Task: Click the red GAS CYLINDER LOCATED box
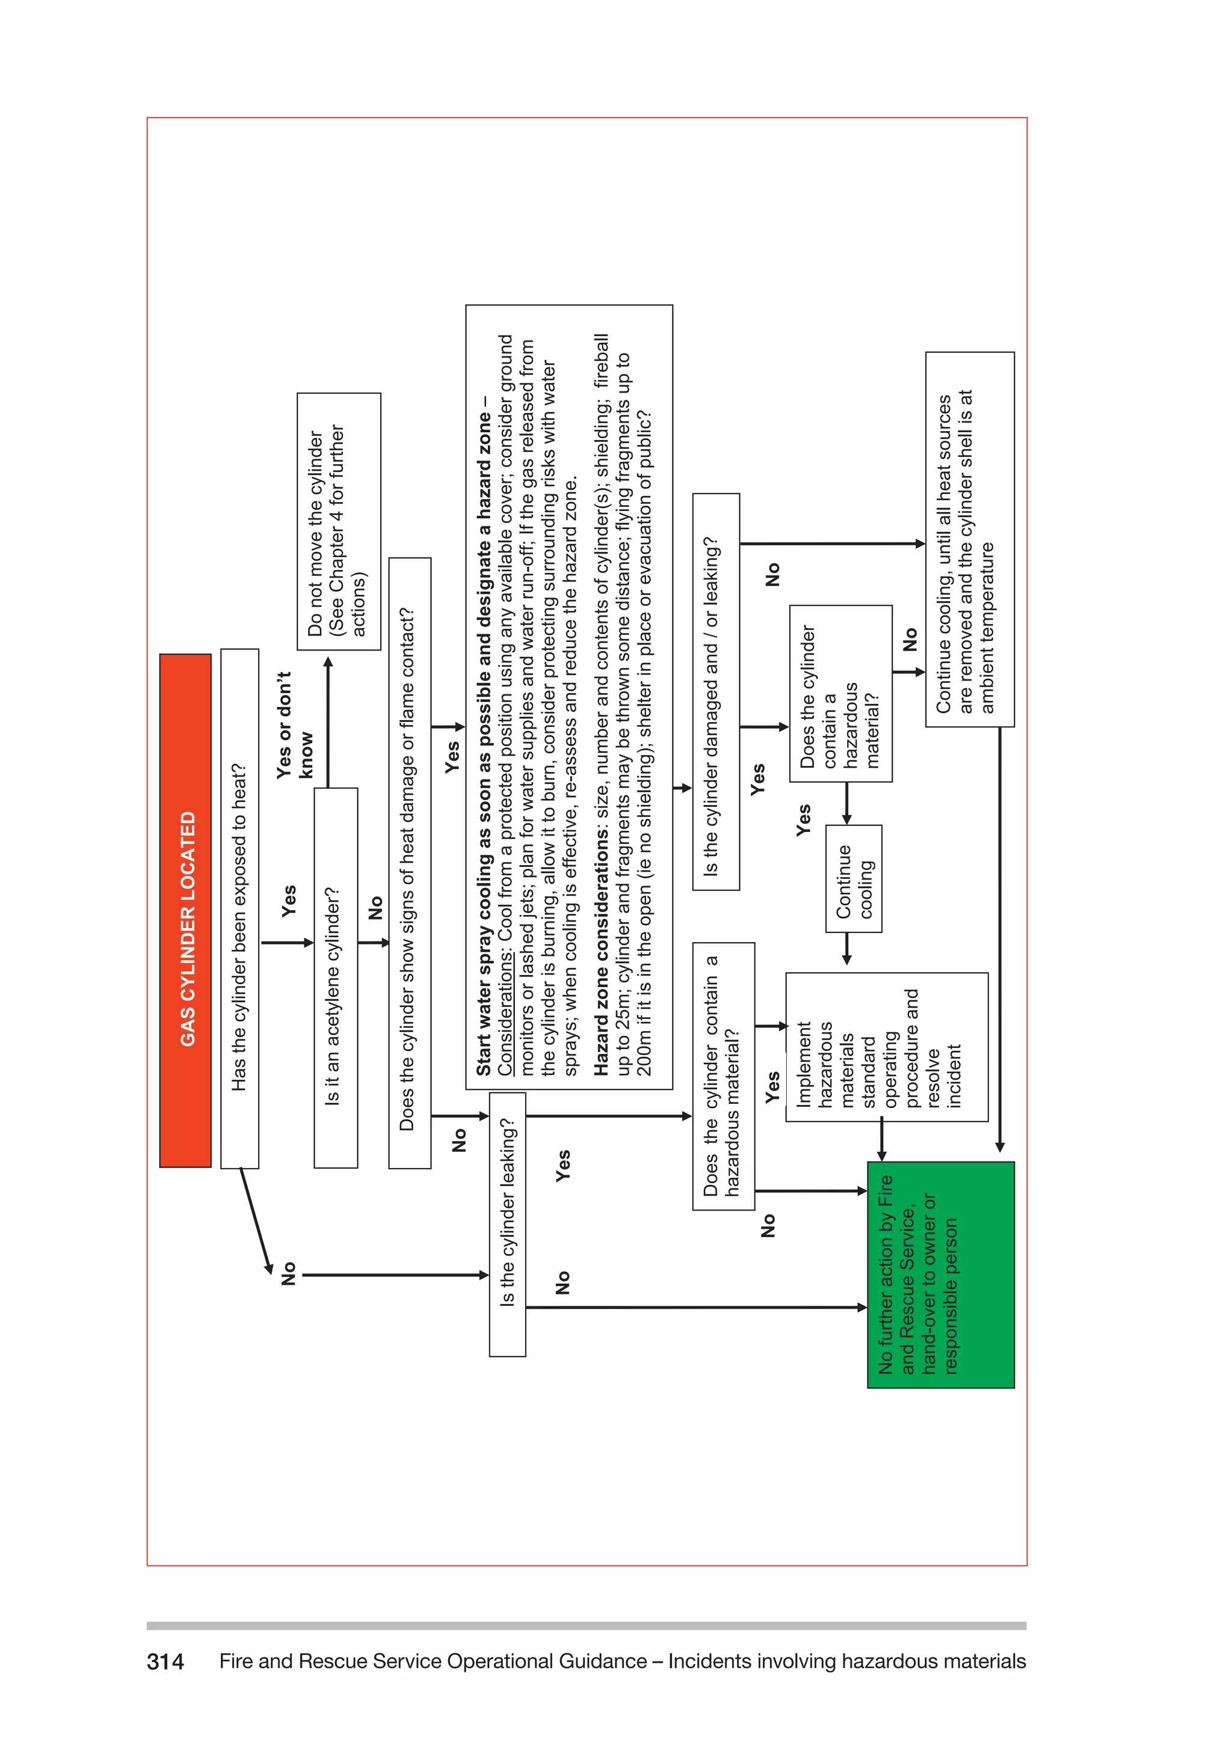pos(185,910)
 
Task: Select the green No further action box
pos(941,1274)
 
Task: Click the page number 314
pos(165,1662)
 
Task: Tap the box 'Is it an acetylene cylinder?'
pos(335,978)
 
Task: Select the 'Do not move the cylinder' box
pos(338,522)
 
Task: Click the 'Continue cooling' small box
pos(854,879)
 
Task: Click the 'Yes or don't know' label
pos(294,725)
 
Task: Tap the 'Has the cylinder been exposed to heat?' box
pos(240,908)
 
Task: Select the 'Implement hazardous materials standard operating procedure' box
pos(886,1047)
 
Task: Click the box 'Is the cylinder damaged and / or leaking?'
pos(715,691)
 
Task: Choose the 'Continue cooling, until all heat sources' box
pos(970,539)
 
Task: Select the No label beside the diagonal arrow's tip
pos(288,1274)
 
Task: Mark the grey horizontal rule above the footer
pos(586,1626)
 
